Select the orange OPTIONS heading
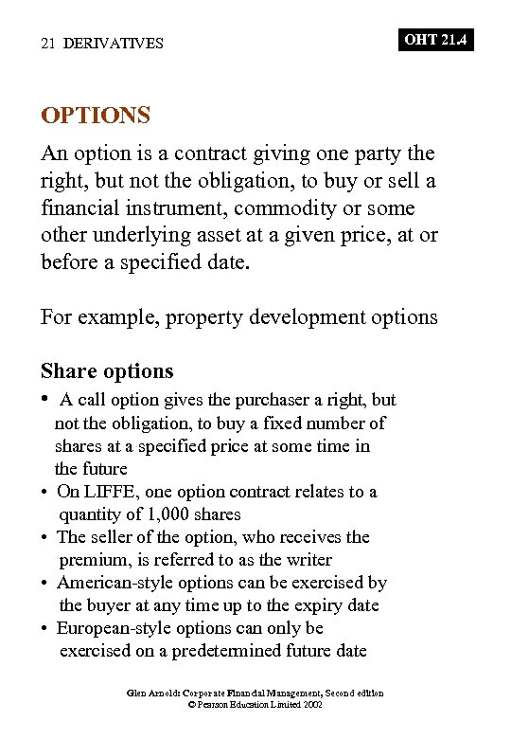[x=96, y=116]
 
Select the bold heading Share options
[x=107, y=370]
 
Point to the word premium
[x=91, y=560]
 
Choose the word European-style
[x=115, y=628]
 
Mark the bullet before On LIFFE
[x=45, y=493]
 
